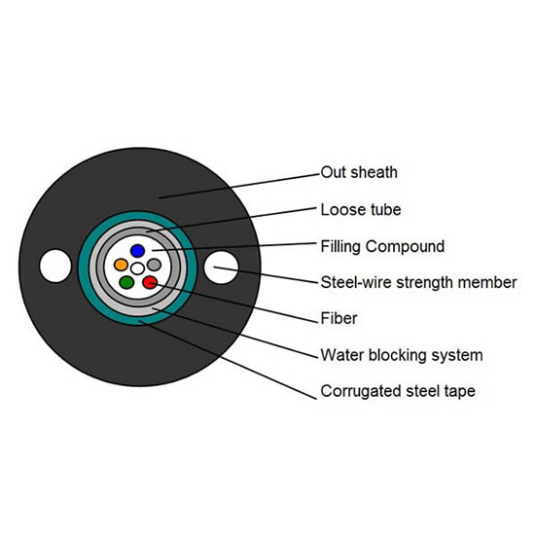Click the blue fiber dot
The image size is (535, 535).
coord(137,251)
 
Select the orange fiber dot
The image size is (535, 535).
coord(121,265)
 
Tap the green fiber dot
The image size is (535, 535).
coord(126,282)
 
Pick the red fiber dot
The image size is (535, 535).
coord(150,282)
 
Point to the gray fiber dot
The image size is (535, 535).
coord(155,265)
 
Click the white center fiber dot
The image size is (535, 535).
coord(137,268)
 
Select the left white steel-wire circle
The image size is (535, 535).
coord(55,267)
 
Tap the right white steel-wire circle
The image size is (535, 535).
coord(221,267)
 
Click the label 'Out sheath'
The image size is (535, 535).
coord(359,172)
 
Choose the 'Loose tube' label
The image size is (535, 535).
coord(361,209)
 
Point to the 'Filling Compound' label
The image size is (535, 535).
coord(382,246)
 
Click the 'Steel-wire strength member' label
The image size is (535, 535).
coord(418,282)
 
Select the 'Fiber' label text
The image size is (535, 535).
coord(339,318)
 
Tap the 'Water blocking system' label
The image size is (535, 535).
coord(402,355)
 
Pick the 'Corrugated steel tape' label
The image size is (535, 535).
coord(398,391)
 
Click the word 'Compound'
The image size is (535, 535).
coord(405,247)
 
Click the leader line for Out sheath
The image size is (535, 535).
coord(239,186)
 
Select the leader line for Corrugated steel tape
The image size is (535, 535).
coord(228,360)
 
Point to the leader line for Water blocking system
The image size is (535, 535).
coord(234,333)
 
